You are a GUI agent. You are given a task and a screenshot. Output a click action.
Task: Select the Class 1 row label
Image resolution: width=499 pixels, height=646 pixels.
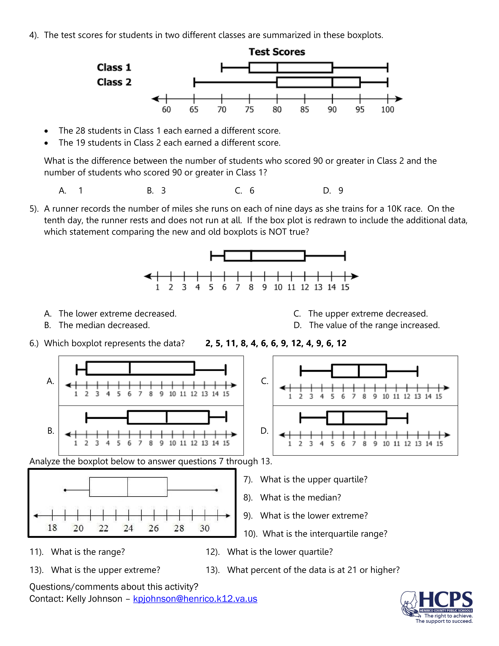[x=114, y=68]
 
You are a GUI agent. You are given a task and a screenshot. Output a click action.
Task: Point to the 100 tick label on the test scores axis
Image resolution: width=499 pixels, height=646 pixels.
[x=387, y=110]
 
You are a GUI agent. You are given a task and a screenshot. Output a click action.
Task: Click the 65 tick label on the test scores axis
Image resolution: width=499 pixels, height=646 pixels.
[x=194, y=110]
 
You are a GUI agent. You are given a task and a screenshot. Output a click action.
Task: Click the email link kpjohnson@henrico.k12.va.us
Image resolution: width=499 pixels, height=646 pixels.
[x=195, y=599]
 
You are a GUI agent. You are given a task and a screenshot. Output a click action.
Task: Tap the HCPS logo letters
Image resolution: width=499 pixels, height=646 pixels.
[x=446, y=600]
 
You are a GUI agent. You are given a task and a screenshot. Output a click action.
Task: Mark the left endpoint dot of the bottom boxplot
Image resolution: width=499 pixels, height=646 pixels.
[x=65, y=490]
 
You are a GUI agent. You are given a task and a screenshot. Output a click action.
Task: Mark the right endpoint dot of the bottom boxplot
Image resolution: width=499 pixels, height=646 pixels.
[x=217, y=490]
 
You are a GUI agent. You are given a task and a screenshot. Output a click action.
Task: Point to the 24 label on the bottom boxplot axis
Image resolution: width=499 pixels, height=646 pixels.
[x=128, y=528]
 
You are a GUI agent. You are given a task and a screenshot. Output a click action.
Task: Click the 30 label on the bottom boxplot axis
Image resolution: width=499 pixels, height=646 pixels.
[x=204, y=528]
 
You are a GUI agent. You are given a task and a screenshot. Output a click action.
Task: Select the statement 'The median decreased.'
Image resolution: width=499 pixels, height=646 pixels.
[x=104, y=325]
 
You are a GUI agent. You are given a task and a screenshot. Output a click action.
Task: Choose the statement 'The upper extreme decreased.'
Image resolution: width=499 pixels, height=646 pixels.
[x=368, y=314]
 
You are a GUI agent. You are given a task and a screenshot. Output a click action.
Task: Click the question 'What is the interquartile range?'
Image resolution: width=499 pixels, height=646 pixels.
[x=325, y=534]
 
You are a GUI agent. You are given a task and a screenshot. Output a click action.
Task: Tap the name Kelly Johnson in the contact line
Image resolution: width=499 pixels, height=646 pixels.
[x=94, y=599]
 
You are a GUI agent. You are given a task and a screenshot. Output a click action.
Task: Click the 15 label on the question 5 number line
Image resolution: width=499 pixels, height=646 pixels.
[x=345, y=287]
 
